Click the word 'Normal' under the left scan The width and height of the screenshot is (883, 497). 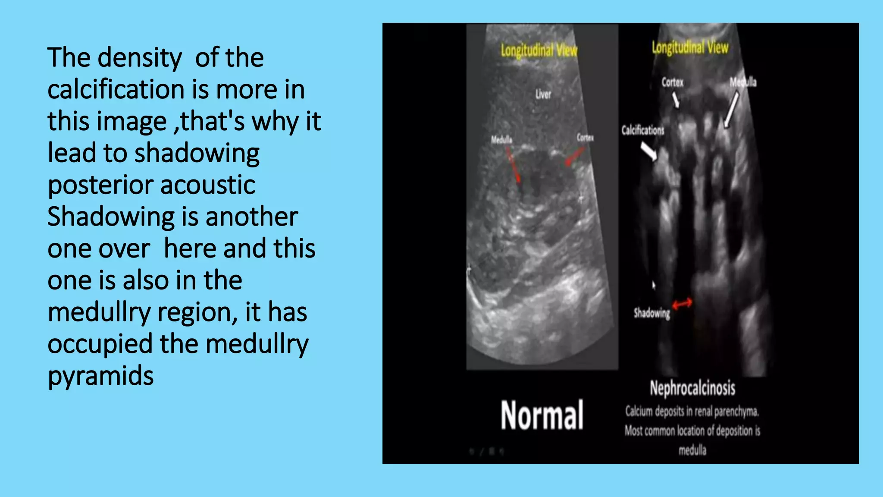542,415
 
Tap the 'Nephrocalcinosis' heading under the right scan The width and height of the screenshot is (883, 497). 692,388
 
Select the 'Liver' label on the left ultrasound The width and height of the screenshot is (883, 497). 543,94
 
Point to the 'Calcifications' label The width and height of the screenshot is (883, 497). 642,130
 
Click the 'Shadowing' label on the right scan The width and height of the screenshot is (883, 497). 651,313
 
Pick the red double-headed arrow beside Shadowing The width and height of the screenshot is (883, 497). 682,303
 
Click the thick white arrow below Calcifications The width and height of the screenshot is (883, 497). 648,151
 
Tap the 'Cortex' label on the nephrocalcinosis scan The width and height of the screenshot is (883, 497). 672,82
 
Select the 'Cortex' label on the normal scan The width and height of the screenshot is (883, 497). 585,138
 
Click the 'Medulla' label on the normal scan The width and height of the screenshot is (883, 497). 501,139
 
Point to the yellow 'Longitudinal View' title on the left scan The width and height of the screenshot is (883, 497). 539,50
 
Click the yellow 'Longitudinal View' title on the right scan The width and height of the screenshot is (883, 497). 690,47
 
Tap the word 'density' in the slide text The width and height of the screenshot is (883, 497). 140,58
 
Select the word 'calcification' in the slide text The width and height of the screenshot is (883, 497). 116,90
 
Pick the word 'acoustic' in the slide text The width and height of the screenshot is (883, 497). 208,186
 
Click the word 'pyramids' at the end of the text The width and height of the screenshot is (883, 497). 100,376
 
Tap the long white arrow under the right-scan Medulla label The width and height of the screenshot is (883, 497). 732,110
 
